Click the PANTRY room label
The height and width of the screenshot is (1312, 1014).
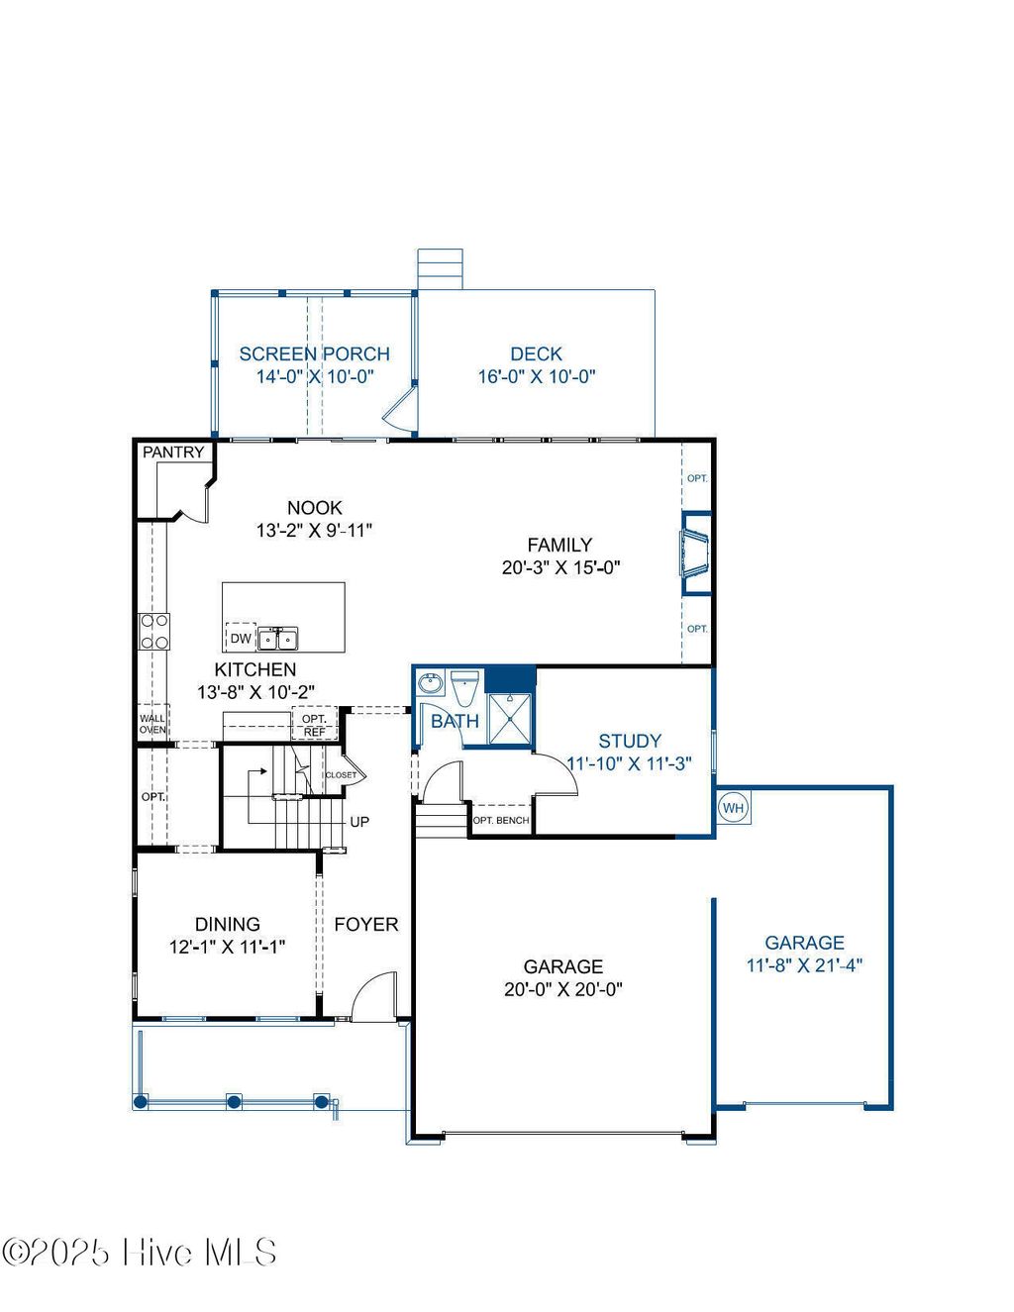pos(173,453)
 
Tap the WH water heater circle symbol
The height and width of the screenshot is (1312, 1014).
pos(733,808)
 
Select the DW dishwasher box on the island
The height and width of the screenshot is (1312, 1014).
pos(241,638)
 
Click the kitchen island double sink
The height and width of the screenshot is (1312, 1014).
pos(278,638)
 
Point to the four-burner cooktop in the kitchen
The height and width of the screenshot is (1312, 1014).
pos(154,632)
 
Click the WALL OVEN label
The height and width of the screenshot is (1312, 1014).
pos(152,724)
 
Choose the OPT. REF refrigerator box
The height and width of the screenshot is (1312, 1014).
pos(314,725)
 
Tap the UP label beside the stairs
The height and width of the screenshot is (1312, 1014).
pos(359,822)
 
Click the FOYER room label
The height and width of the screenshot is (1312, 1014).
pos(366,924)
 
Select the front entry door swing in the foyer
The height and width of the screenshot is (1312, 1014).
pos(374,996)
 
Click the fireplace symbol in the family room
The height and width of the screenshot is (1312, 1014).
pos(693,554)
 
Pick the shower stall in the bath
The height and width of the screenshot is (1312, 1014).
pos(510,717)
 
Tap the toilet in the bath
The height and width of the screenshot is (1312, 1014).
pos(464,685)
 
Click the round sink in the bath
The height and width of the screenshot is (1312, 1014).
pos(431,683)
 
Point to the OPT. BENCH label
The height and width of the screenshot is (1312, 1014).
pos(501,821)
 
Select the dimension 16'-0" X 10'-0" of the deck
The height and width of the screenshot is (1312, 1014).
pos(537,376)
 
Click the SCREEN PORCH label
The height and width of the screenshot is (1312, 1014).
pos(315,353)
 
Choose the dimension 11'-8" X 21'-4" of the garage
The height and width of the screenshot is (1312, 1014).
pos(804,965)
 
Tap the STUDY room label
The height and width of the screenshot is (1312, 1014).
pos(630,741)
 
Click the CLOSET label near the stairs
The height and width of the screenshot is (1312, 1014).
pos(341,775)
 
